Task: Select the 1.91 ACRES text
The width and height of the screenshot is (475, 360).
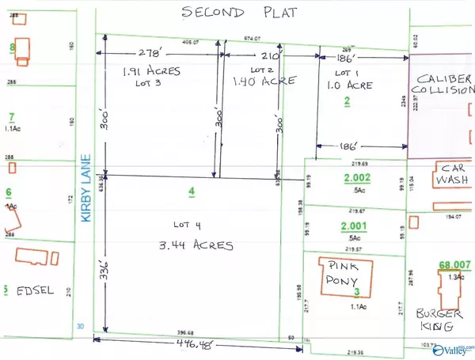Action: tap(152, 71)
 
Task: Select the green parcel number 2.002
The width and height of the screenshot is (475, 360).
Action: tap(348, 180)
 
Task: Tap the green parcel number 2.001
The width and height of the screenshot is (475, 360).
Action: tap(348, 225)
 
